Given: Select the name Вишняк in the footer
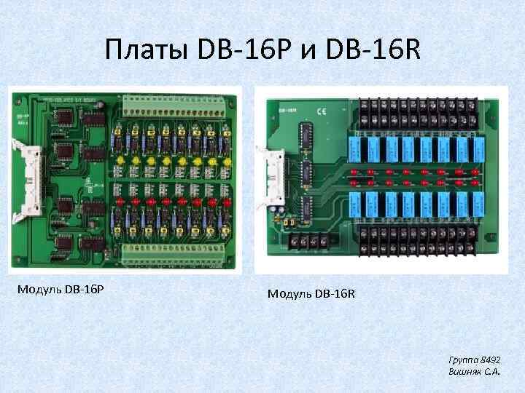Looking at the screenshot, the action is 469,371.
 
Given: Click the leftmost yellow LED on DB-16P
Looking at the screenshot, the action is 117,159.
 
